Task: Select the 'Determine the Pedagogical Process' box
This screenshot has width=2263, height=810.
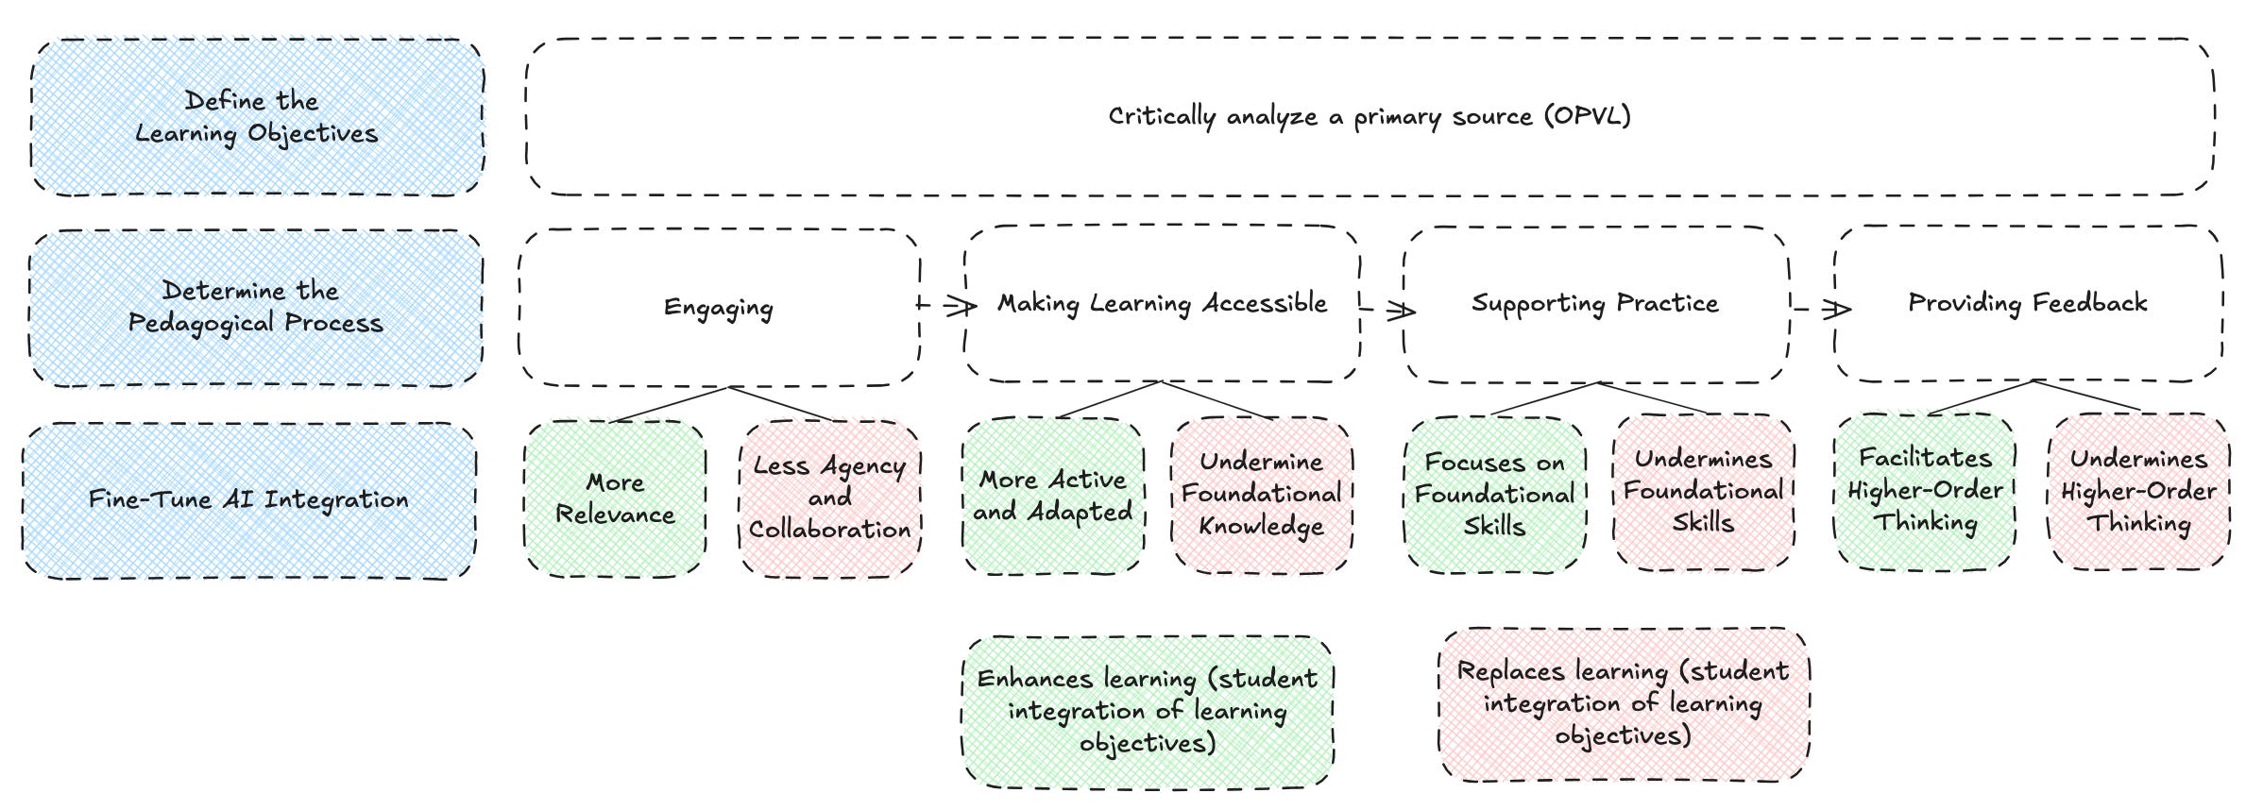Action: tap(256, 308)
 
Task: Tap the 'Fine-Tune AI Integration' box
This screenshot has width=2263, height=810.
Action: tap(249, 500)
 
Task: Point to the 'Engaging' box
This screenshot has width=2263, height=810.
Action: tap(719, 308)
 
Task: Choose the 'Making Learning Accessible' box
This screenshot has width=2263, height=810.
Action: tap(1162, 304)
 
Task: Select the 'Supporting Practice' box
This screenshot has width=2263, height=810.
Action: tap(1595, 304)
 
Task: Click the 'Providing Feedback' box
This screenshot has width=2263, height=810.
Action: tap(2028, 303)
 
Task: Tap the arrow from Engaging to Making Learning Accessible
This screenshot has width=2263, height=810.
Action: tap(948, 306)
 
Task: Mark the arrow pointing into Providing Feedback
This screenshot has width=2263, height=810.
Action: tap(1823, 309)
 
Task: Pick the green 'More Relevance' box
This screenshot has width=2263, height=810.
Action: tap(615, 498)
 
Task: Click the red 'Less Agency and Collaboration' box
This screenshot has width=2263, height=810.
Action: tap(829, 498)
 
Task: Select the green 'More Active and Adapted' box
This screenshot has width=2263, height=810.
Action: tap(1053, 496)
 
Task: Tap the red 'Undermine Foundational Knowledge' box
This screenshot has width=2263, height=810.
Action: tap(1262, 495)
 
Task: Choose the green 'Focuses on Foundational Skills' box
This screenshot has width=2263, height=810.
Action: tap(1495, 495)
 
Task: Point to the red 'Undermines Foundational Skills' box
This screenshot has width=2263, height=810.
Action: tap(1704, 491)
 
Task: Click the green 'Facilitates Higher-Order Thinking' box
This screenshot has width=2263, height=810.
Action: tap(1925, 491)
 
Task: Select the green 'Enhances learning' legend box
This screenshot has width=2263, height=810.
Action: tap(1148, 711)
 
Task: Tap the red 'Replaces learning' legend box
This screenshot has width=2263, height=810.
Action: tap(1623, 704)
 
